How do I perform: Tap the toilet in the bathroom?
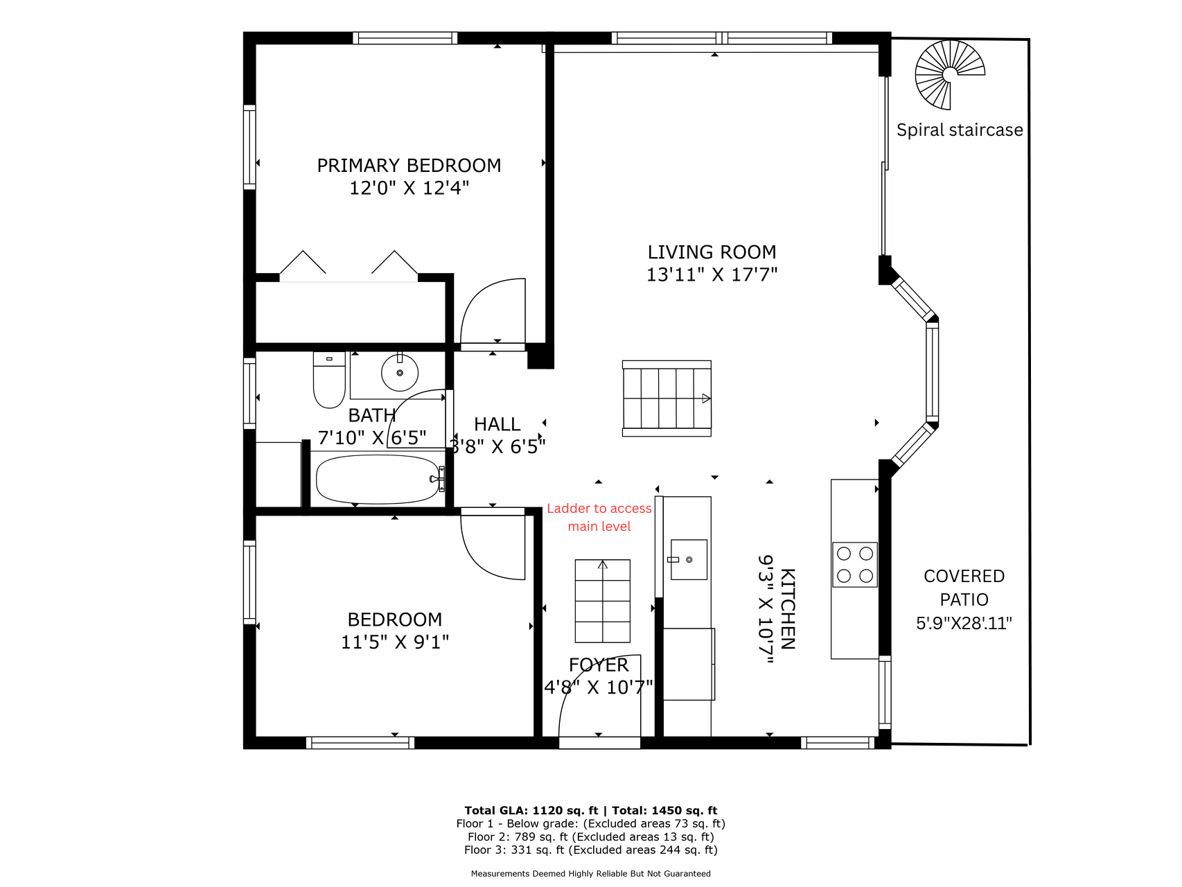pos(329,380)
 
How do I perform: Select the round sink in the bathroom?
pos(400,372)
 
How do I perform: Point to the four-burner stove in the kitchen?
pos(855,565)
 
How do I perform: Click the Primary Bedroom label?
pos(409,166)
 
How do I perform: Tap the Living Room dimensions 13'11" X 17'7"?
pos(712,274)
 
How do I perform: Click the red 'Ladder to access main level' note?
pos(599,518)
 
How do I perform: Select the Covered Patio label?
pos(964,588)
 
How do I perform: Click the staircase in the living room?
pos(667,398)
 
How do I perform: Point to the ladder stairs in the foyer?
pos(602,601)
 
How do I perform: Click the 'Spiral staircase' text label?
pos(960,130)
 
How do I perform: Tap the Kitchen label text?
pos(788,609)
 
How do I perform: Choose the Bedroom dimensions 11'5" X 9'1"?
pos(394,642)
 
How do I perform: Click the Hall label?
pos(497,424)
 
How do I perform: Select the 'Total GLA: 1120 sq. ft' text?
pos(531,811)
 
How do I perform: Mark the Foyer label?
pos(599,665)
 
